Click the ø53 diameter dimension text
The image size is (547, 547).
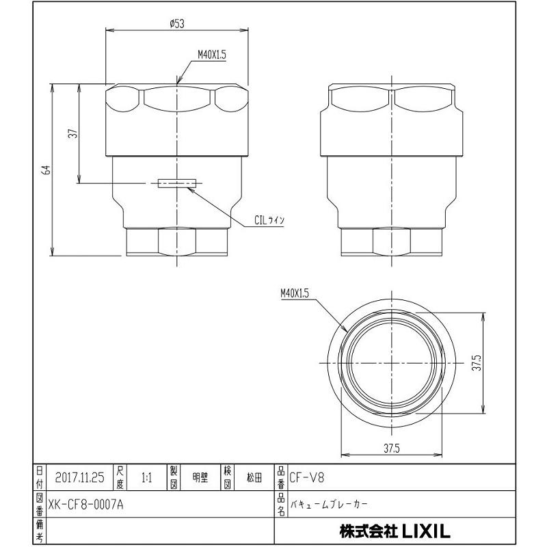point(177,23)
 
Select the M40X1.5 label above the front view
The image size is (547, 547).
point(211,55)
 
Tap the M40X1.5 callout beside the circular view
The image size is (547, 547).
point(295,293)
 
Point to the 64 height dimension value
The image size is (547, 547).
point(45,170)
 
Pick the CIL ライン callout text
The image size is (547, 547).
point(269,220)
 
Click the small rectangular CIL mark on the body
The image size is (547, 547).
point(176,183)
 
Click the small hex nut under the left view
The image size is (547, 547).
point(176,242)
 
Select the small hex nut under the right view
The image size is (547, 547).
point(392,242)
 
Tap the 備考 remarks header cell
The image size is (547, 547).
point(40,530)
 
